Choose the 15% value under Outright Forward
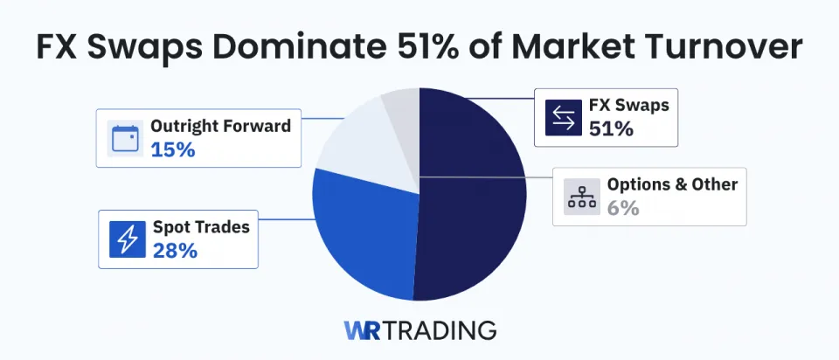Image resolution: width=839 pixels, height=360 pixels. pos(172,149)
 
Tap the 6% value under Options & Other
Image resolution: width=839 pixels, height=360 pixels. pos(623,208)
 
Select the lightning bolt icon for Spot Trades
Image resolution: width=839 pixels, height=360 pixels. pos(127,239)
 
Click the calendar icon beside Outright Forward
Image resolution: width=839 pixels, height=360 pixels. pos(125,138)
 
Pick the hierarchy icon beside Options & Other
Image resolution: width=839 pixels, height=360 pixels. pos(579,197)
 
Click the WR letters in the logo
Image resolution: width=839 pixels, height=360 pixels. pos(362,331)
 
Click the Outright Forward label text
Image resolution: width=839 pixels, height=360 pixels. pos(220,127)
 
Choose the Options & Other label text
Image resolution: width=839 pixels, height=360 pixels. pos(672,184)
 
